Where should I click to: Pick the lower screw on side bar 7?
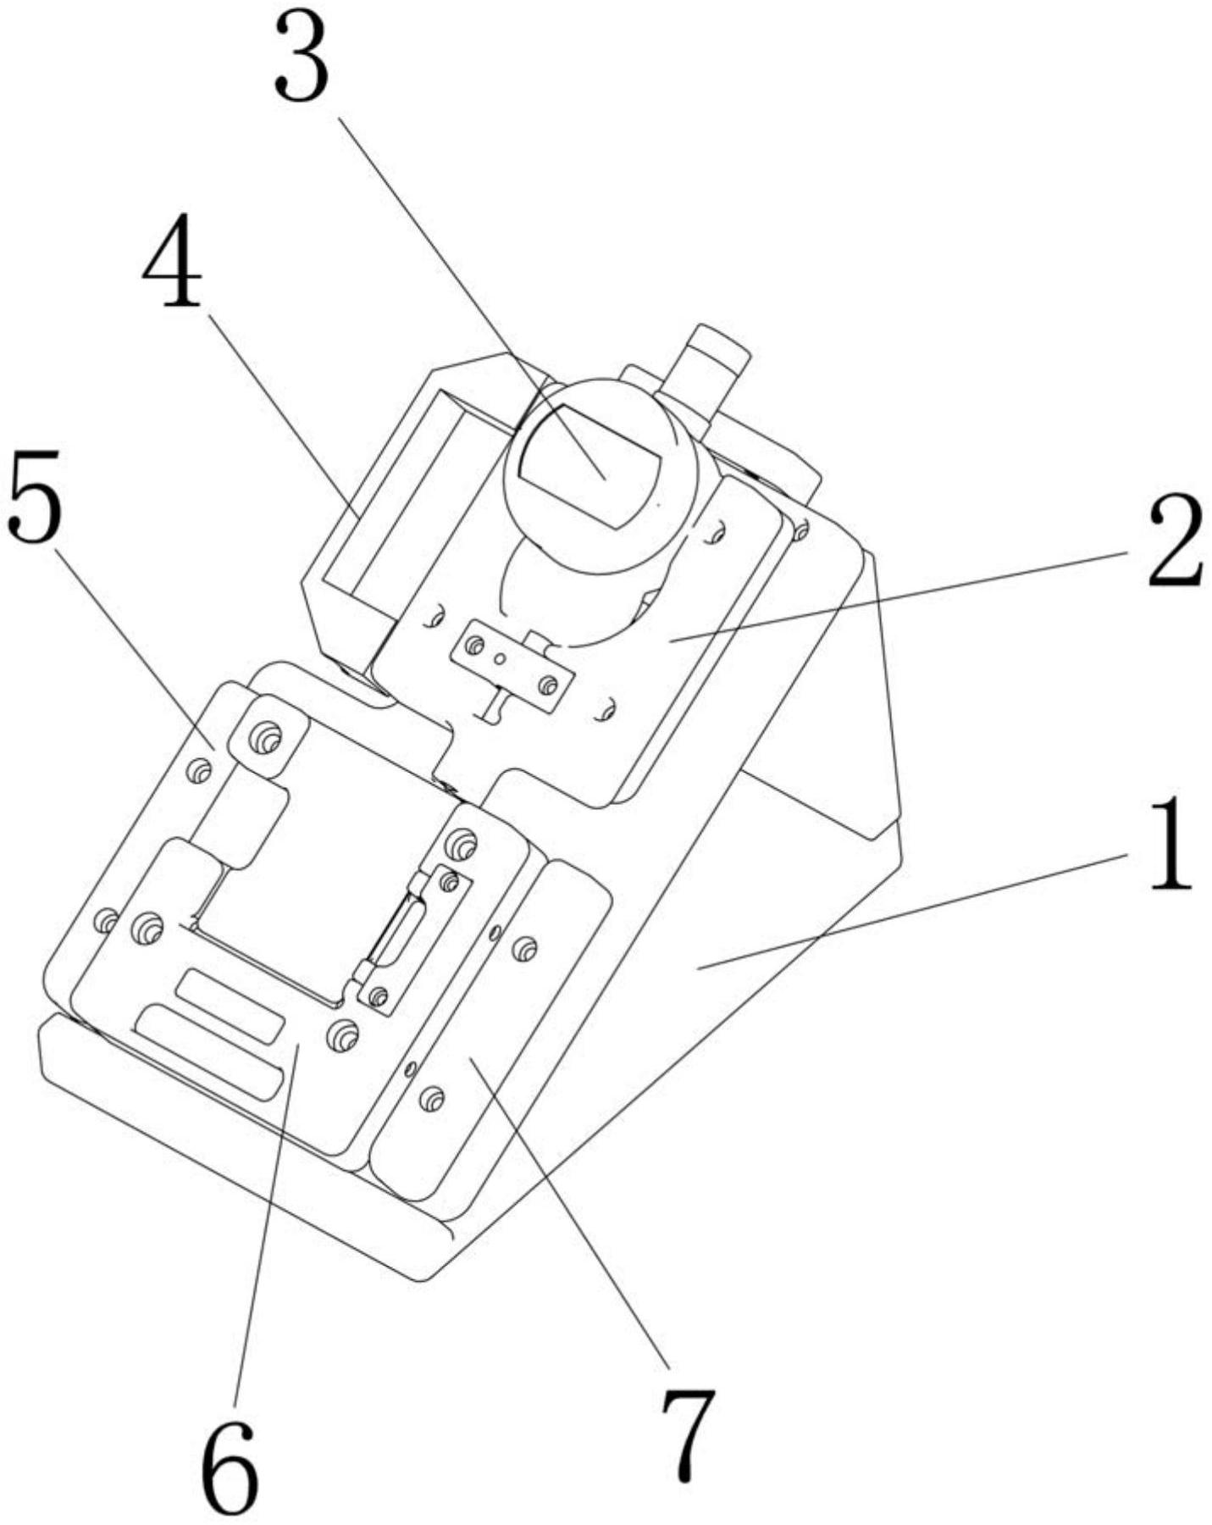pos(431,1099)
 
